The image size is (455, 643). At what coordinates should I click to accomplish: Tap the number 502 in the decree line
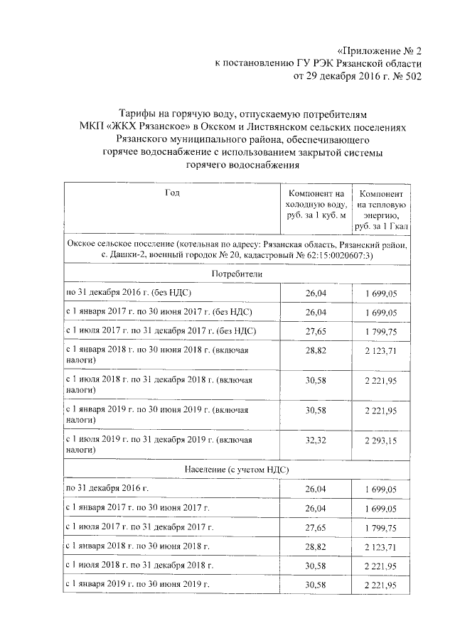[411, 76]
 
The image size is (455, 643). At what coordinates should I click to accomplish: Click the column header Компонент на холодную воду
[316, 204]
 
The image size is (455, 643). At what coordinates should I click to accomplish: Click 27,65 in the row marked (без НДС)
[316, 331]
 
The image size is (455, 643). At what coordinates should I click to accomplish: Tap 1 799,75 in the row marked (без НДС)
[384, 331]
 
